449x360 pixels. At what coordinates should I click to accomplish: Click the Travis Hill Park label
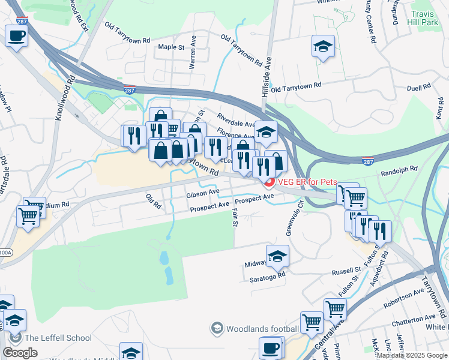pos(427,18)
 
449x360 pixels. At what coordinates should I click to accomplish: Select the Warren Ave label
pos(193,55)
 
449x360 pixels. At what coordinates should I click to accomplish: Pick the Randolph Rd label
pos(399,172)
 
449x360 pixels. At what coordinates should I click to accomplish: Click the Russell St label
pos(345,271)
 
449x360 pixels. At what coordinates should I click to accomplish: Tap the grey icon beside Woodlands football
pos(217,328)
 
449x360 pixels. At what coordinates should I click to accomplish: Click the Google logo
pos(20,352)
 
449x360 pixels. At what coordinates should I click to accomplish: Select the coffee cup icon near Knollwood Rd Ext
pos(16,35)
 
